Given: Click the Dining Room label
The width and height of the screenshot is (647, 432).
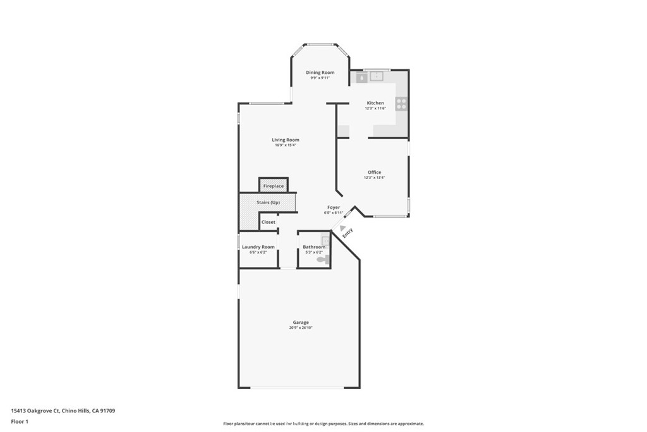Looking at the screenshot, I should pyautogui.click(x=320, y=73).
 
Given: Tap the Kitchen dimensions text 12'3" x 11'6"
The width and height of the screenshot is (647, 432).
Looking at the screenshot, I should pyautogui.click(x=375, y=108).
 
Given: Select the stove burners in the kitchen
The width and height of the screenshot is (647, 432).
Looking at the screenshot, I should pyautogui.click(x=401, y=103).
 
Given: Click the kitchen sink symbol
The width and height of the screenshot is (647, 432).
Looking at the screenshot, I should pyautogui.click(x=377, y=77).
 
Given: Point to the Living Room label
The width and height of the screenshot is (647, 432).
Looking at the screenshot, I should pyautogui.click(x=286, y=140).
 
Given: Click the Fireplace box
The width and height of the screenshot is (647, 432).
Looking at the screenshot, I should pyautogui.click(x=274, y=186).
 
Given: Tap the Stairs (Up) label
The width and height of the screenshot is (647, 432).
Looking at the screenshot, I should pyautogui.click(x=268, y=202).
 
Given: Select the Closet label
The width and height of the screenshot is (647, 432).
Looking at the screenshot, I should pyautogui.click(x=269, y=222).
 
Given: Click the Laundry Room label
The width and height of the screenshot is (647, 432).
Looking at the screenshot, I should pyautogui.click(x=258, y=247).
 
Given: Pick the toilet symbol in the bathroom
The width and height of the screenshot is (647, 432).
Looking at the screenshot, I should pyautogui.click(x=323, y=259).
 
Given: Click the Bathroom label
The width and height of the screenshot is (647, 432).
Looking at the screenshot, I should pyautogui.click(x=313, y=247).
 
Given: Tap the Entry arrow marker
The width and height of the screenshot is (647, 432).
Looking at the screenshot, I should pyautogui.click(x=342, y=228).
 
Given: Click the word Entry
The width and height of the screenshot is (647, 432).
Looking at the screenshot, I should pyautogui.click(x=348, y=234).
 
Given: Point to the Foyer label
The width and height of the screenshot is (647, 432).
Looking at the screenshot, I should pyautogui.click(x=334, y=207).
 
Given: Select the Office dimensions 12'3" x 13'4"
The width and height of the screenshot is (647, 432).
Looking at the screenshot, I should pyautogui.click(x=374, y=178).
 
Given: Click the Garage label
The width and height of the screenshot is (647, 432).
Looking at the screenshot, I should pyautogui.click(x=301, y=323).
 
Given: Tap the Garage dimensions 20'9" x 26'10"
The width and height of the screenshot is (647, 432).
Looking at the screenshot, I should pyautogui.click(x=301, y=328).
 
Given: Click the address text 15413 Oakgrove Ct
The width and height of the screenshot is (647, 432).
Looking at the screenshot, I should pyautogui.click(x=35, y=410).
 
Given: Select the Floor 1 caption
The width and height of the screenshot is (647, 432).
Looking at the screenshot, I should pyautogui.click(x=20, y=421).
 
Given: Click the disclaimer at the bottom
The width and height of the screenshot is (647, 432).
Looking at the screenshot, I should pyautogui.click(x=323, y=424).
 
